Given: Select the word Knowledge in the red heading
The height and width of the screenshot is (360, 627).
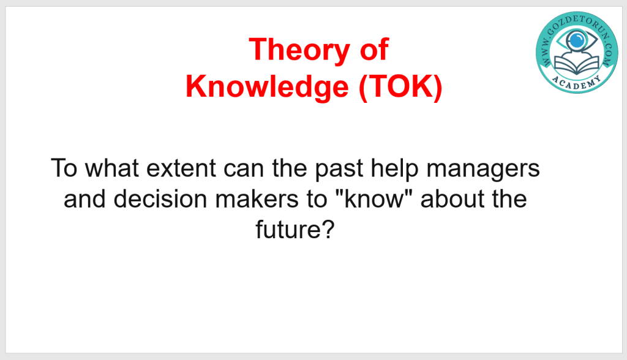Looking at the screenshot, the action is pos(267,86).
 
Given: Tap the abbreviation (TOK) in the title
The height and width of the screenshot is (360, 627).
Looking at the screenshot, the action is pos(400,87).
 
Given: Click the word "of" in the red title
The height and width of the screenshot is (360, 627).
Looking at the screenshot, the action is pos(374,49).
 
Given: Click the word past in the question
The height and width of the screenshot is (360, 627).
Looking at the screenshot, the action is pos(339,170).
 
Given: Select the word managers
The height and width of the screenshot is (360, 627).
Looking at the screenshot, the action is pos(483,170).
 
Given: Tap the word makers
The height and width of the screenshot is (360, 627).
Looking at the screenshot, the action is pos(257,198).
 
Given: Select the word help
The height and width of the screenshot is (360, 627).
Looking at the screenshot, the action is pos(394,170).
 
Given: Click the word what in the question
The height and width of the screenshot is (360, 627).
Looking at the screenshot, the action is pos(111,168).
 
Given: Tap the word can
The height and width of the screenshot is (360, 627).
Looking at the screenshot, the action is pos(244,169).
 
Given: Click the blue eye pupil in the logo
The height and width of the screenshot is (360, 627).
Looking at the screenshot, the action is pos(576,40).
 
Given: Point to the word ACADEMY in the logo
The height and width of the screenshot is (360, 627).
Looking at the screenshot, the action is pos(576,83).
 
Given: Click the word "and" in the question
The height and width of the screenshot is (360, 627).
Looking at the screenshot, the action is pos(84,198).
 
